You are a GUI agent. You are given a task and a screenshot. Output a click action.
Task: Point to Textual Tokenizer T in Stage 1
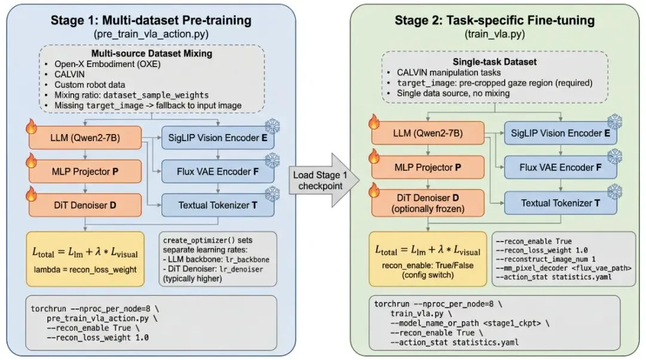217,205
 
